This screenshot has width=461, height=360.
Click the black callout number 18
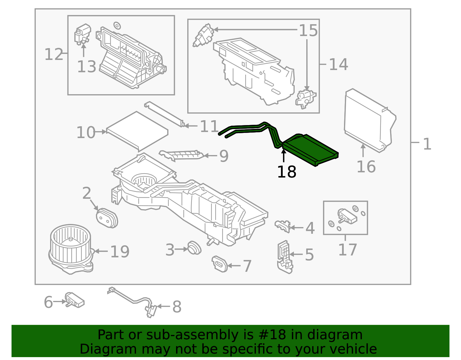(286, 172)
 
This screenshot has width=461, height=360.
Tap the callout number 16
(366, 167)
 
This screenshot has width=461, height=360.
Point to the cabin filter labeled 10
(137, 131)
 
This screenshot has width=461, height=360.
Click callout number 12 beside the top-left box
(54, 54)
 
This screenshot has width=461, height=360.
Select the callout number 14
(338, 64)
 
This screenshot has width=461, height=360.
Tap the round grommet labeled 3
(194, 248)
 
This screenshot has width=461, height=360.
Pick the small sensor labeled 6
(74, 300)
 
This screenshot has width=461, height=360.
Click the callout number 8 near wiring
(177, 307)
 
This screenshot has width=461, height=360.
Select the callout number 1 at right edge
(427, 144)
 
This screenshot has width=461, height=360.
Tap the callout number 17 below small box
(347, 250)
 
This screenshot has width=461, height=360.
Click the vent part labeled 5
(285, 256)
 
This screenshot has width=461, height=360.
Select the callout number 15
(308, 31)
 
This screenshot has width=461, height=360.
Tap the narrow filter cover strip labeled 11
(164, 114)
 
